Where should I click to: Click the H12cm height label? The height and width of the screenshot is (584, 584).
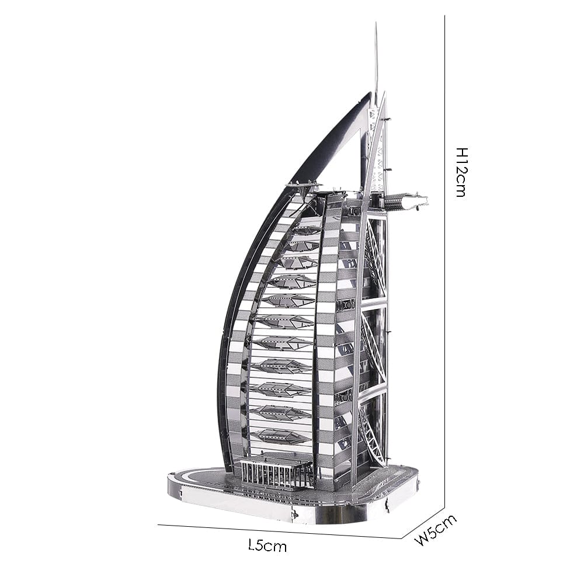tap(461, 172)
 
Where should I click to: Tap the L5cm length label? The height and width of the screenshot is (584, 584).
tap(267, 546)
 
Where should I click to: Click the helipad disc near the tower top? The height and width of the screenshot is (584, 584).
tap(303, 186)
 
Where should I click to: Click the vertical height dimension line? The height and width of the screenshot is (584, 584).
tap(445, 292)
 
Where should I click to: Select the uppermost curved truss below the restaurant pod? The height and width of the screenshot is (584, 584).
tap(374, 257)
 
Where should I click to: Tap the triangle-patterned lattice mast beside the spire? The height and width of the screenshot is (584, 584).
tap(377, 152)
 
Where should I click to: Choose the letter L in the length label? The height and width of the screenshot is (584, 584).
tap(252, 545)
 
